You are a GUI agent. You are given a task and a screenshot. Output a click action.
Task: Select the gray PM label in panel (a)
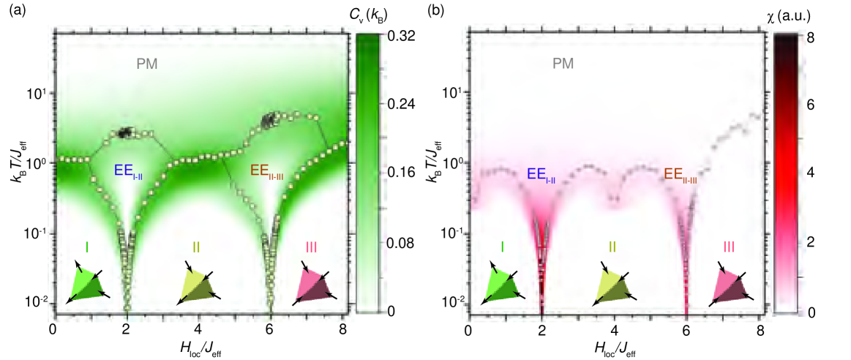147,64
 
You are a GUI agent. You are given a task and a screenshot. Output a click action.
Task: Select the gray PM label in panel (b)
563,64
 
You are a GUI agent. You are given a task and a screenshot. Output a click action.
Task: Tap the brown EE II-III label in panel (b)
680,175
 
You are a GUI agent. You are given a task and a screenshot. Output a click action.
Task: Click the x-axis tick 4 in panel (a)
198,328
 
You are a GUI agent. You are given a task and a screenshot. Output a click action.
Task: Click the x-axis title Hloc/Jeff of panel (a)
198,347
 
